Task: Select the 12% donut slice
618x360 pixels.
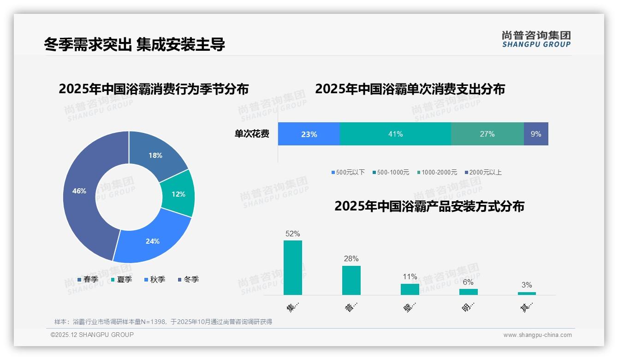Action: pyautogui.click(x=178, y=194)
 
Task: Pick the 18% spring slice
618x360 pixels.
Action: pyautogui.click(x=155, y=156)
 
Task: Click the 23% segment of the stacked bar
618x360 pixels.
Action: pyautogui.click(x=309, y=134)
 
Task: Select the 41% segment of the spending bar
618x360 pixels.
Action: pyautogui.click(x=395, y=134)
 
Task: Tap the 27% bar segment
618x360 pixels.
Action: pyautogui.click(x=487, y=134)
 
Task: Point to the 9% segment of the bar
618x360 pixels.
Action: pyautogui.click(x=536, y=134)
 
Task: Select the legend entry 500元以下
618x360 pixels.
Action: pyautogui.click(x=348, y=172)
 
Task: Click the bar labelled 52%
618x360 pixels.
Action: pyautogui.click(x=292, y=268)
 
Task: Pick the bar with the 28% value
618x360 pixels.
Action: pyautogui.click(x=351, y=280)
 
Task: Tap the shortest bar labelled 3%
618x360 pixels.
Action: pyautogui.click(x=527, y=293)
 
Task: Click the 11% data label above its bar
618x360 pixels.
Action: pyautogui.click(x=410, y=277)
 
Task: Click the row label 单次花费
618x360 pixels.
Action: pyautogui.click(x=252, y=134)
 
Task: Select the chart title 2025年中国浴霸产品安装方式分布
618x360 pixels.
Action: pyautogui.click(x=429, y=206)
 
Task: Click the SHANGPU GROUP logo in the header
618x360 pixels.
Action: pyautogui.click(x=536, y=39)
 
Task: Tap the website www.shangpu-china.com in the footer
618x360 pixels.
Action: pyautogui.click(x=537, y=335)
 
